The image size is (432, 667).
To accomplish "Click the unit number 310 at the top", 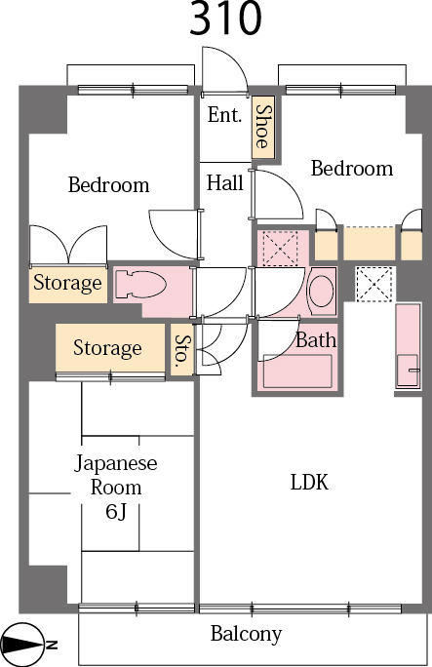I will [x=225, y=19].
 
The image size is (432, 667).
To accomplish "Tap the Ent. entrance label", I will [x=224, y=115].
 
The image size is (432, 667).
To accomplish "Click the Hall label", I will [x=224, y=182].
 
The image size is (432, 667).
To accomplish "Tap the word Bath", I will [x=316, y=340].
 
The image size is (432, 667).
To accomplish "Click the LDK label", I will [x=309, y=482].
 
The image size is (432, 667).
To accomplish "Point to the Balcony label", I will [x=246, y=634].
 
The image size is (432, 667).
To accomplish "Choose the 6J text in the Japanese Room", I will [x=116, y=511].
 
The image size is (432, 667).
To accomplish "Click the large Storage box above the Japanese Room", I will [x=107, y=348].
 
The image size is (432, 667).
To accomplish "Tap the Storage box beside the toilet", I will [x=67, y=284].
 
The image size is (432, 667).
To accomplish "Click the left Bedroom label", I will [x=108, y=184].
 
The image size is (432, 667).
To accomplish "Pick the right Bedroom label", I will [x=351, y=169].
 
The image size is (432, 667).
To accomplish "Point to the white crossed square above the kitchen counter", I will [x=373, y=283].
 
